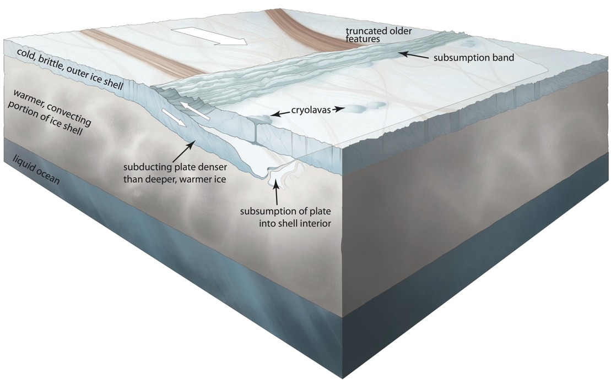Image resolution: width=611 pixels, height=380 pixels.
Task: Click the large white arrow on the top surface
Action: click(x=210, y=36)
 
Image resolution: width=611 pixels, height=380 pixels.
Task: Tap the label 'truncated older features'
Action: click(x=379, y=35)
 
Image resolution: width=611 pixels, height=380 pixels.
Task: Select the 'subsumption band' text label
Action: click(x=474, y=58)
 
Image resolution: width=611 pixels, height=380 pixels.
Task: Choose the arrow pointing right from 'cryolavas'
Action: click(x=338, y=109)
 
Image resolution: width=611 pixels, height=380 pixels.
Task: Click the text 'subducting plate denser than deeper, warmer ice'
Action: click(x=175, y=173)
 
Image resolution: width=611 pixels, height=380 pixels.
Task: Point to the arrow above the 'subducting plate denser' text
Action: click(x=182, y=151)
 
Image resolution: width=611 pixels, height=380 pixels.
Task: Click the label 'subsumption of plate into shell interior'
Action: click(x=285, y=217)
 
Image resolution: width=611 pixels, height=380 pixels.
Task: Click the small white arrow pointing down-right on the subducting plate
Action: click(x=174, y=117)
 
